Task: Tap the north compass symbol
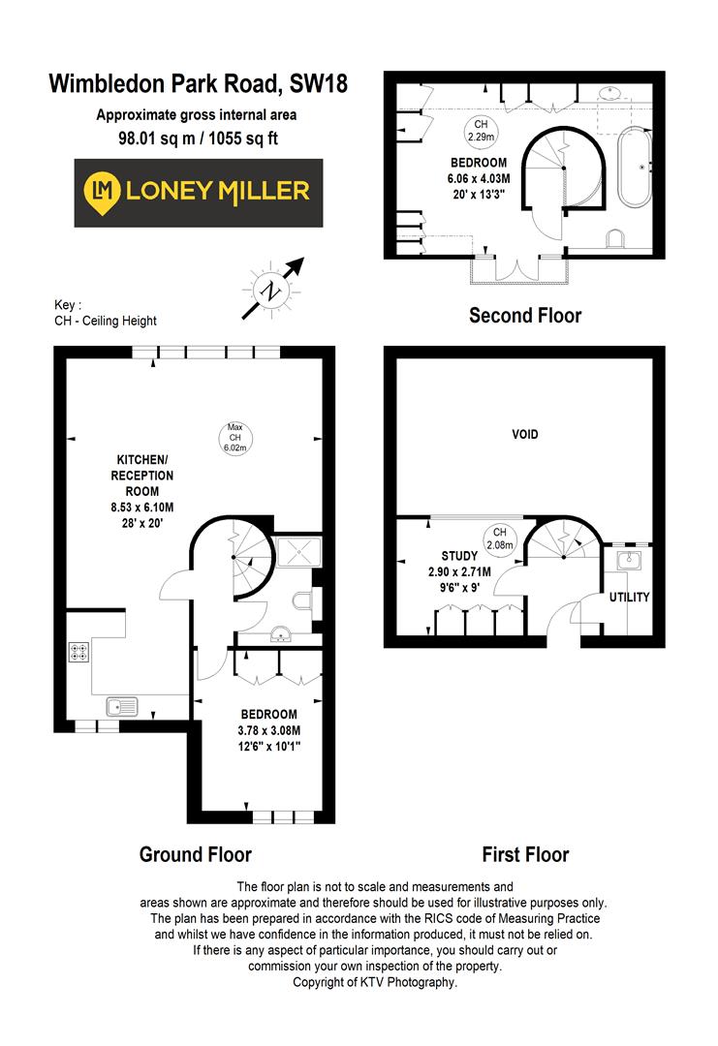pos(267,289)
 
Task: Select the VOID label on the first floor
pos(525,435)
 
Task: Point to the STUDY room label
pos(459,557)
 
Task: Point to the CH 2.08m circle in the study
pos(499,538)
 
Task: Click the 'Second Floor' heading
pos(525,315)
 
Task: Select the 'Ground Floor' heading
pos(195,854)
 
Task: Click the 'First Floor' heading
pos(525,854)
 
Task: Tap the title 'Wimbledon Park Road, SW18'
pos(197,84)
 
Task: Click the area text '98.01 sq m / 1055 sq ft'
pos(197,138)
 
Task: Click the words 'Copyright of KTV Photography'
pos(374,981)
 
